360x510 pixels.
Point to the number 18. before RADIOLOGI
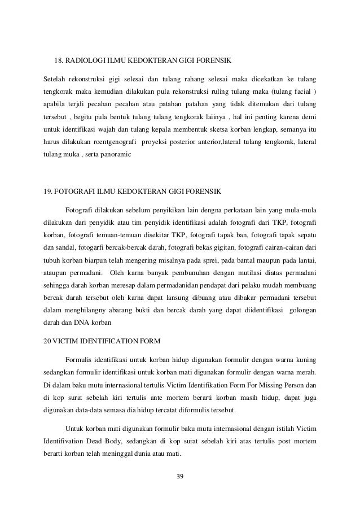pos(58,60)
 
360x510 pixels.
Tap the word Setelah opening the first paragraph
pos(55,76)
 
